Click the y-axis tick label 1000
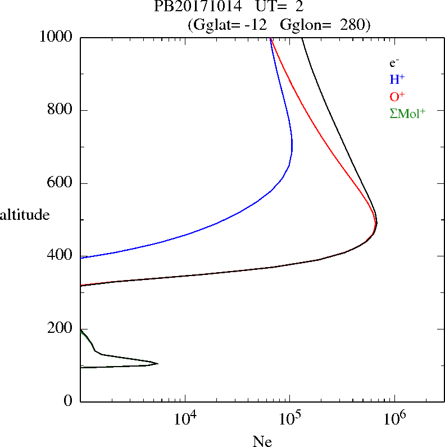[57, 37]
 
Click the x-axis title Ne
[262, 441]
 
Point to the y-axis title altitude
[25, 215]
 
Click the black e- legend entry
[394, 64]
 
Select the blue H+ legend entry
[397, 80]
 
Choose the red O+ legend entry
[397, 96]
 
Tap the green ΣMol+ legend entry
[407, 113]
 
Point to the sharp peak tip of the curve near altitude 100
[158, 364]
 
